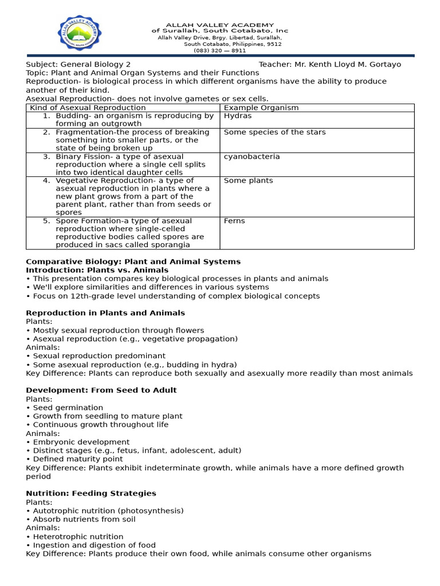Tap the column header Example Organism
click(261, 108)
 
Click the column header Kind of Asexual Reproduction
click(88, 108)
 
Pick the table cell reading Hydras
click(237, 116)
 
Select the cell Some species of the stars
click(274, 132)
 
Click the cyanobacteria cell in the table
click(252, 157)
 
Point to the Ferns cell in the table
click(234, 221)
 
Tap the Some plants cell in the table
click(248, 181)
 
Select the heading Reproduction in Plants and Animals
click(105, 313)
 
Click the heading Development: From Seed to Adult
click(101, 390)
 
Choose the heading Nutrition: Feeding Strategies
click(91, 493)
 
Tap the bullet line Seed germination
click(68, 408)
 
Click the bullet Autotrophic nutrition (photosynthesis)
click(108, 511)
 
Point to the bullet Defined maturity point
click(77, 459)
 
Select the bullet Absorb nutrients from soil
click(84, 520)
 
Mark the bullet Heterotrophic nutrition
click(77, 537)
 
